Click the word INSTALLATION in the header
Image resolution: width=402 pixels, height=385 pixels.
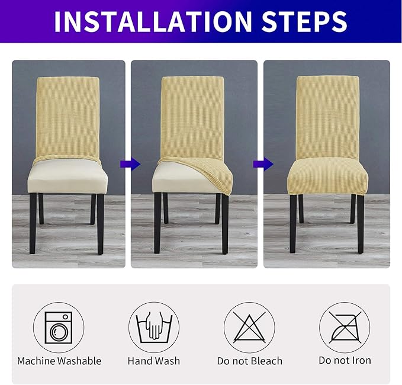139,21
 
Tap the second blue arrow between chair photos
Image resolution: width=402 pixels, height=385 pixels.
259,163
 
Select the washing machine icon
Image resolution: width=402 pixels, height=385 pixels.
59,327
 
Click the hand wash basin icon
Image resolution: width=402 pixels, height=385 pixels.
154,327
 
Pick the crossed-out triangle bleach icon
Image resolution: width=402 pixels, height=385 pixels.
249,327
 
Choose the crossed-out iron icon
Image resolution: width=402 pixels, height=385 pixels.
345,327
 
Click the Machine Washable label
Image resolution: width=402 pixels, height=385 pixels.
59,361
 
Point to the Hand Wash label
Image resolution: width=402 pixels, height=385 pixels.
154,361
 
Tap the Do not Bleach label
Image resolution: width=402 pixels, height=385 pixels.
249,361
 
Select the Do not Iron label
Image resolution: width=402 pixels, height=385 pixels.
345,361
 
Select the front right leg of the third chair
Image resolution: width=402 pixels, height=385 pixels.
360,222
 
